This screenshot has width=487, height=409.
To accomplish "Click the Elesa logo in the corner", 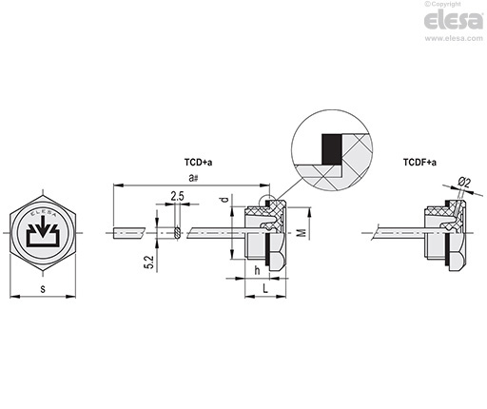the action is click(x=454, y=20).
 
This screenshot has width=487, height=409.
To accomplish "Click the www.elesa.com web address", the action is click(x=454, y=38).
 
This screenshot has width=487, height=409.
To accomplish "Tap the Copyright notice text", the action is click(x=443, y=4).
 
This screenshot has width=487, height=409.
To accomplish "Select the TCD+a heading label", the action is click(x=199, y=163).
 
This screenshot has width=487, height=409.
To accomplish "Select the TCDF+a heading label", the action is click(x=419, y=163).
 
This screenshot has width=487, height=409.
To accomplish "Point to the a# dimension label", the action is click(x=193, y=178).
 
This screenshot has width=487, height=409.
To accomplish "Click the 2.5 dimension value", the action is click(x=177, y=196).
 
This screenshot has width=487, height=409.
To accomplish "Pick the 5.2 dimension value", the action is click(x=149, y=263).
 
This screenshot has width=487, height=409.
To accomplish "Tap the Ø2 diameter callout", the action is click(x=464, y=183).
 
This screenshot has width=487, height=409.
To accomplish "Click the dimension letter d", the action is click(x=224, y=200).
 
